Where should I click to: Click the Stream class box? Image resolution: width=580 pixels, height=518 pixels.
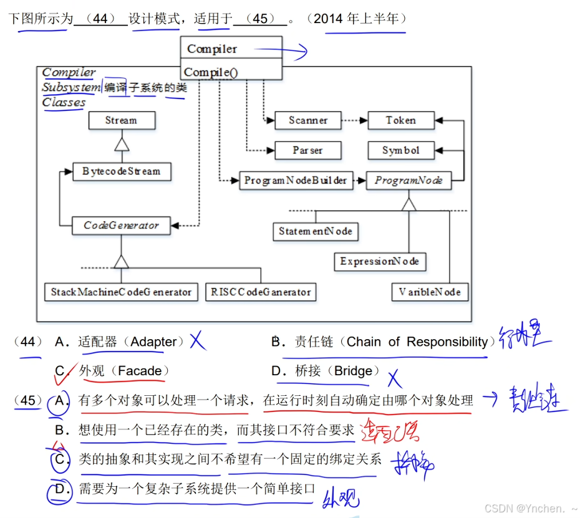121,120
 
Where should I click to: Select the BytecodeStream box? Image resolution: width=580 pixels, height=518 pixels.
121,171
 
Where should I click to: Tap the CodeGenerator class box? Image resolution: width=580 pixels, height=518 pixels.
121,225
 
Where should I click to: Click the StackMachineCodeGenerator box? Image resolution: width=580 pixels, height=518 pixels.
121,292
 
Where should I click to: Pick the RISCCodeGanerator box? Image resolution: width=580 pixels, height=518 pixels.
260,292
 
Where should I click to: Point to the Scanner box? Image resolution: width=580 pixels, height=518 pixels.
308,120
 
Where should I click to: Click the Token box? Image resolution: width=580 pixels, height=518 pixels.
400,120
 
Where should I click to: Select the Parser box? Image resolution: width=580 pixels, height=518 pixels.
308,150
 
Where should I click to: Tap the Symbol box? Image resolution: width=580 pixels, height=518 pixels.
400,150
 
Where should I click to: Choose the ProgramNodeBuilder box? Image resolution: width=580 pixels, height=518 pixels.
295,180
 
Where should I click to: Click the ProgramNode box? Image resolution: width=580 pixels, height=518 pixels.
408,180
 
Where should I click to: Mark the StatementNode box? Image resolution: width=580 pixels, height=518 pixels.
316,231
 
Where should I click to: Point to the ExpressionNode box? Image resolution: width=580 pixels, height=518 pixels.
379,261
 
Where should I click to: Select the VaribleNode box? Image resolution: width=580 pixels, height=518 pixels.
430,291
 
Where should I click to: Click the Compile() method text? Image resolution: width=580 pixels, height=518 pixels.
211,72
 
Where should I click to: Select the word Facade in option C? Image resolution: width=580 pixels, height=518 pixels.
140,372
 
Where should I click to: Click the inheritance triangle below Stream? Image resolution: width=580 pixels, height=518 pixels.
121,145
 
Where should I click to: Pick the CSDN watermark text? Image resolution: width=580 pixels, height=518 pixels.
530,509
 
